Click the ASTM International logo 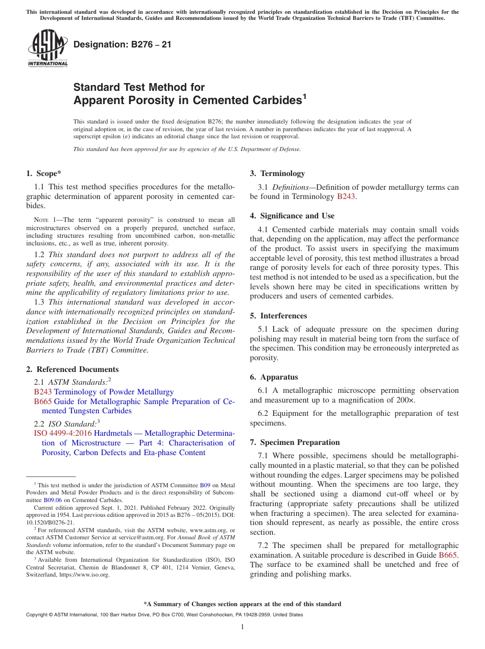point(47,48)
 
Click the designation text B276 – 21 point(123,45)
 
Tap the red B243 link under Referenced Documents point(43,392)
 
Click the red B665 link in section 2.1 point(43,402)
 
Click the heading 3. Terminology point(277,173)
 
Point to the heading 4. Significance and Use point(292,216)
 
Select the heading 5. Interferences point(278,316)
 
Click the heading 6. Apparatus point(274,377)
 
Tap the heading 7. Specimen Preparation point(295,442)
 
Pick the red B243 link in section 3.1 point(346,196)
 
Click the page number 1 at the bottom point(243,627)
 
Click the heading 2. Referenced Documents point(72,369)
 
